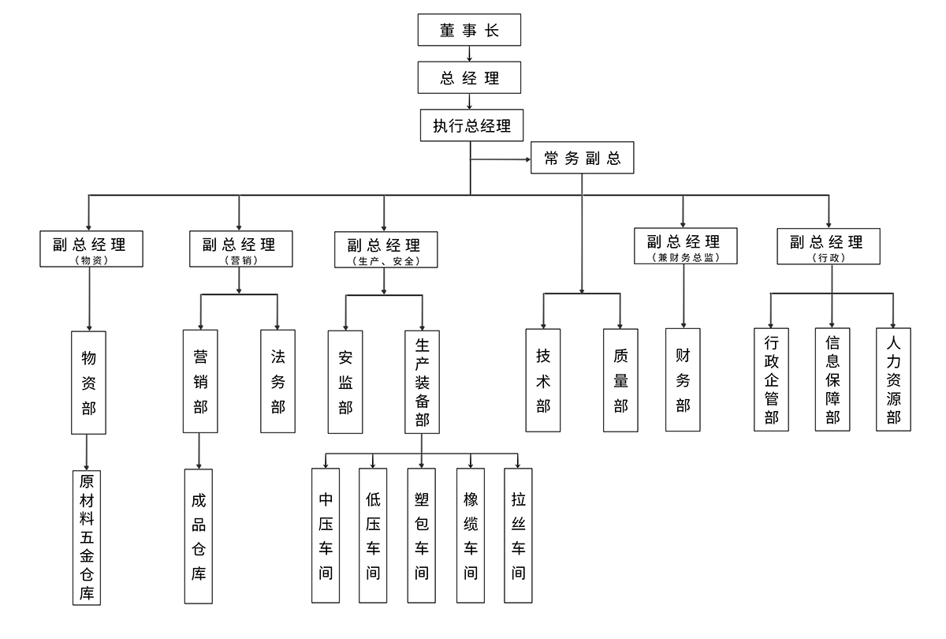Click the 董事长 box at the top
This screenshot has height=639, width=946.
(470, 30)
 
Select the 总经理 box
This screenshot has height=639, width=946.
(470, 78)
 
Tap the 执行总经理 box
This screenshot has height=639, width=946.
(471, 125)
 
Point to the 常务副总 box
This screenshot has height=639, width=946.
(583, 159)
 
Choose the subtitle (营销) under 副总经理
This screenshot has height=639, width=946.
(240, 260)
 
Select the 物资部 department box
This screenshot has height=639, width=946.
(88, 382)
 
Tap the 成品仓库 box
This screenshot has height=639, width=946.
(198, 536)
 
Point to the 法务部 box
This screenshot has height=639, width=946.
(278, 381)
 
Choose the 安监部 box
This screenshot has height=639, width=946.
(345, 382)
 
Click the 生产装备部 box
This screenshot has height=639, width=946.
(422, 382)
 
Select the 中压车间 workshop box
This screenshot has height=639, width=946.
(326, 536)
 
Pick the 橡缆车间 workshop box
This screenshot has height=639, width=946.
(471, 536)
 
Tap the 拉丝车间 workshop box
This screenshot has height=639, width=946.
(518, 536)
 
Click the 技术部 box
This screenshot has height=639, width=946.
(543, 380)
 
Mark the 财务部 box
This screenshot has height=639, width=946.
(683, 380)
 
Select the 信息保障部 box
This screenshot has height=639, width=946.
(832, 379)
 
